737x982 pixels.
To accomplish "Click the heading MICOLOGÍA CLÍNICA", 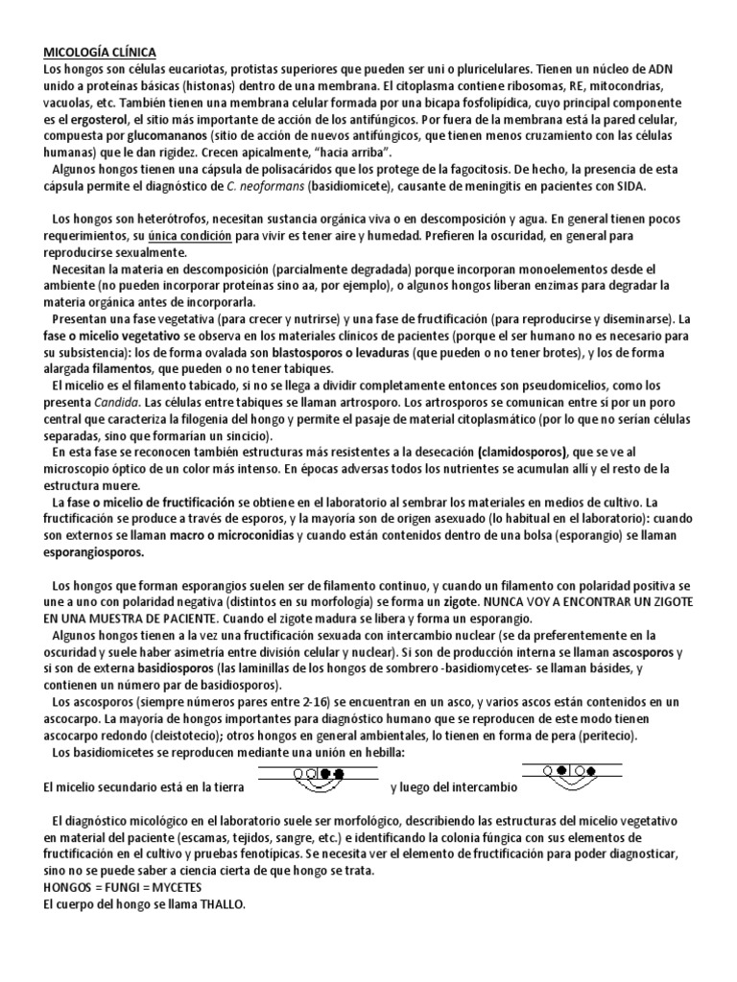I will pyautogui.click(x=101, y=52).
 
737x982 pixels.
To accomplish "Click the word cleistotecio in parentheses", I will pyautogui.click(x=257, y=736).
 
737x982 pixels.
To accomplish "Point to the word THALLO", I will pyautogui.click(x=222, y=904).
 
